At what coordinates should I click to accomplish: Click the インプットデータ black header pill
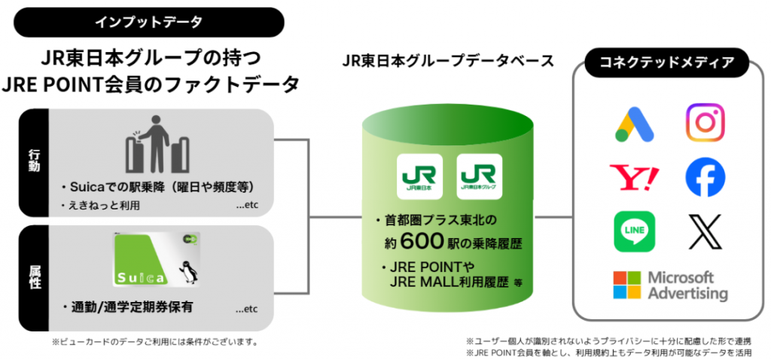pos(148,22)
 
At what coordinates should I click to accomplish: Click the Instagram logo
pos(705,124)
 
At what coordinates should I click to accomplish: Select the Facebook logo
pos(705,178)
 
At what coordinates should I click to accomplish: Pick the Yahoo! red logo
pos(633,178)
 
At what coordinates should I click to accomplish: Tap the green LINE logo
pos(634,231)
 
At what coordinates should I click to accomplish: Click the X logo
pos(705,231)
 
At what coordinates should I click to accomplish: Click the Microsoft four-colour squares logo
pos(626,285)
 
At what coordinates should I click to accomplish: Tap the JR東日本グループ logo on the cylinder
pos(480,175)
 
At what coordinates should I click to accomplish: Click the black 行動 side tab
pos(34,161)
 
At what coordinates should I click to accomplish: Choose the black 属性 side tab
pos(34,278)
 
